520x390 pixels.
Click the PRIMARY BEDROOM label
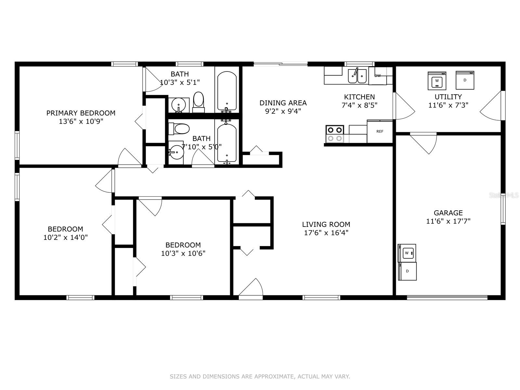point(81,113)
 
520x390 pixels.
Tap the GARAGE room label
point(448,213)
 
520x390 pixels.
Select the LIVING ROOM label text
point(326,224)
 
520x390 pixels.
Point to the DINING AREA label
point(283,103)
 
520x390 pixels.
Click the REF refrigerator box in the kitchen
point(380,131)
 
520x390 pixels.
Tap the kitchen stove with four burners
point(335,134)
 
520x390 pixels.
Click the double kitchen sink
point(357,76)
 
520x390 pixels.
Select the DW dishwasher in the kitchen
point(378,76)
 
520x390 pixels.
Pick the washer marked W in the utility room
point(437,81)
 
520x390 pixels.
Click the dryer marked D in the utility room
point(465,80)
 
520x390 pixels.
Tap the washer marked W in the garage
point(407,253)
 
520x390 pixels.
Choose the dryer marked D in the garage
point(407,271)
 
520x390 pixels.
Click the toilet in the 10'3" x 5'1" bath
point(199,102)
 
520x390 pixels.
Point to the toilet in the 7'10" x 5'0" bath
point(179,129)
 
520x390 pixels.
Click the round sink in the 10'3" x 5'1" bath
point(179,105)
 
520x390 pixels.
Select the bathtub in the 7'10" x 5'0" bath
point(227,144)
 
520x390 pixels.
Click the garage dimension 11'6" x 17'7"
point(448,221)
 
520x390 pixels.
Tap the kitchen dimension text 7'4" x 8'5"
point(359,105)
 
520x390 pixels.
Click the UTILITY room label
point(448,97)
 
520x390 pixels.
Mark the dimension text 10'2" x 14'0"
point(66,237)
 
